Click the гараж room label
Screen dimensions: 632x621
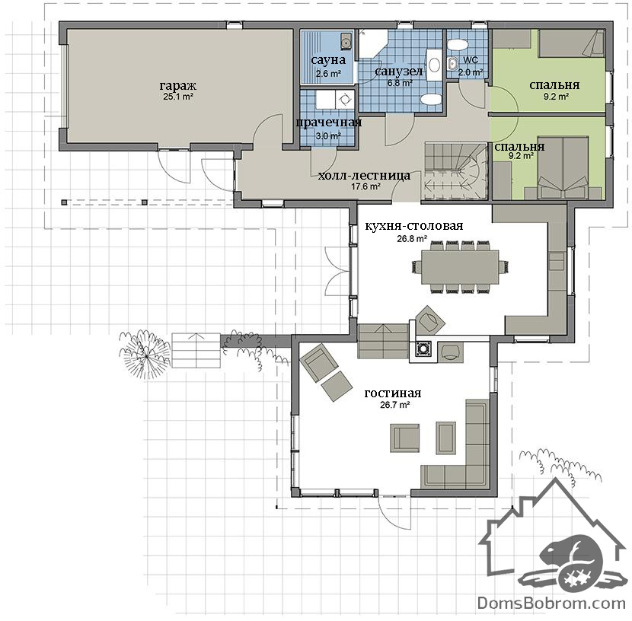(178, 86)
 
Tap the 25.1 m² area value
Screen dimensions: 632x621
(178, 97)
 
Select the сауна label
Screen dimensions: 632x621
(328, 60)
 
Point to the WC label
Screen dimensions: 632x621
(471, 60)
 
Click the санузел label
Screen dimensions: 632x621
(399, 72)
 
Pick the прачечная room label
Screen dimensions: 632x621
(328, 123)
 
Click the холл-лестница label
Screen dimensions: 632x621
(365, 176)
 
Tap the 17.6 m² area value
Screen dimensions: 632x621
(366, 186)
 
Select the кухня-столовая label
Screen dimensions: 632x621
(414, 226)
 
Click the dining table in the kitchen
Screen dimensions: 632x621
(460, 266)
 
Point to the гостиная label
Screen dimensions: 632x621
(393, 393)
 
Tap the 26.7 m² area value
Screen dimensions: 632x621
(395, 405)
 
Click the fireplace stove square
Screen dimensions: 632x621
(423, 349)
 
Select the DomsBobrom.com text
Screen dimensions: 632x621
(551, 603)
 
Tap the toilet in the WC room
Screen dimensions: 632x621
(458, 43)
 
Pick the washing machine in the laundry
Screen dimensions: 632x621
(345, 99)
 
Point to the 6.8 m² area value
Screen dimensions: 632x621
(400, 83)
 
